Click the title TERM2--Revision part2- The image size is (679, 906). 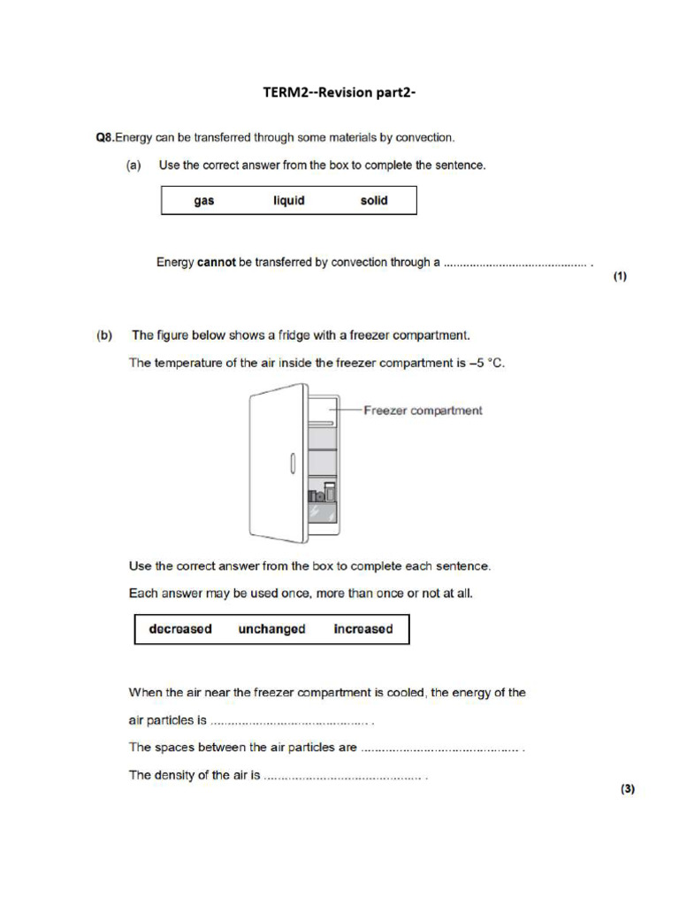coord(339,93)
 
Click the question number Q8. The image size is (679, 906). coord(105,137)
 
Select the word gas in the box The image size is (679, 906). coord(204,201)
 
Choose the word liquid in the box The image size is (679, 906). coord(288,201)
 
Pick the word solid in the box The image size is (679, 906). coord(374,201)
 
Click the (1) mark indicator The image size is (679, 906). coord(620,277)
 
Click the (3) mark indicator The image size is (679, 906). coord(627,789)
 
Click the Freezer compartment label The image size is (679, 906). coord(423,411)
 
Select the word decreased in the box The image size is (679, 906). coord(180,629)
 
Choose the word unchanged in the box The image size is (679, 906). coord(271,629)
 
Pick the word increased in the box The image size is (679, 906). coord(362,629)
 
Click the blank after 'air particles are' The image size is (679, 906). coord(439,749)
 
